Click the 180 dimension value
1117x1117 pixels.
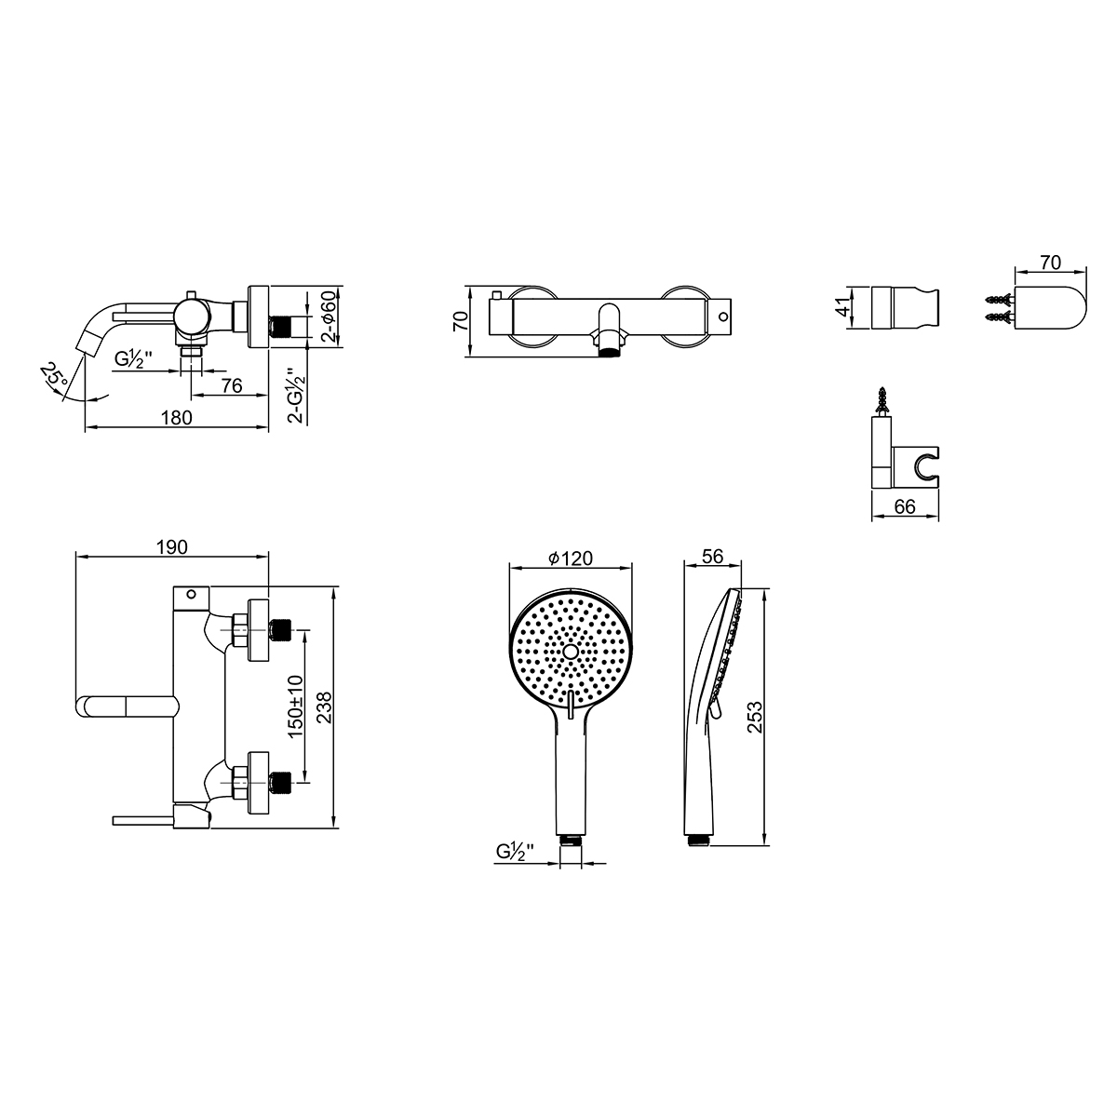click(x=176, y=417)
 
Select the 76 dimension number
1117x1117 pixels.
click(x=231, y=385)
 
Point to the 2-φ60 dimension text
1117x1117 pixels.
click(x=329, y=316)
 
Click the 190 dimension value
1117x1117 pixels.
click(x=172, y=546)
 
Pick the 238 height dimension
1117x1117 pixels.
click(x=324, y=707)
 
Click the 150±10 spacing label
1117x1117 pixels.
click(x=296, y=706)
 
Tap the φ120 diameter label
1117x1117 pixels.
click(x=571, y=558)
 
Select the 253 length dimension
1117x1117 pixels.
click(x=755, y=717)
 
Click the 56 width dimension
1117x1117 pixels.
click(x=712, y=556)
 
